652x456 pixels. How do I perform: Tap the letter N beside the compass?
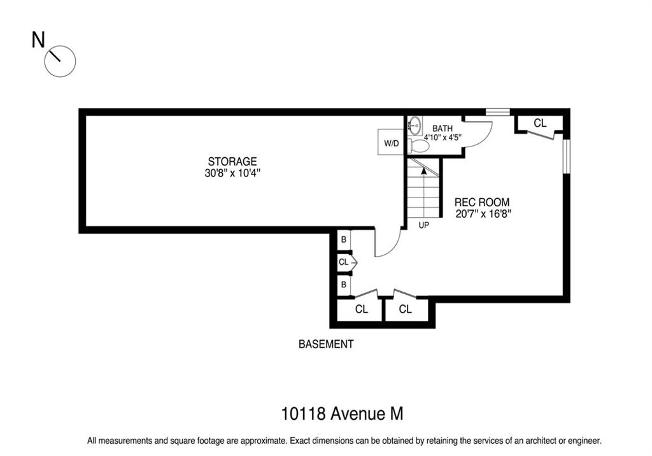click(x=38, y=40)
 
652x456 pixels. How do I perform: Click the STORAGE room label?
click(x=232, y=161)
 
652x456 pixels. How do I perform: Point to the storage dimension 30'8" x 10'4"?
click(x=232, y=173)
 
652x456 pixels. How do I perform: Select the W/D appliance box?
click(x=392, y=142)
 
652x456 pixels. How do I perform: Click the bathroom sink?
click(x=414, y=124)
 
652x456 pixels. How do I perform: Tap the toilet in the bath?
click(x=419, y=146)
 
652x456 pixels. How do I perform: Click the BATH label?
click(x=443, y=128)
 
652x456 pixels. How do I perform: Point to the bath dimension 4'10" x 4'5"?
click(x=443, y=138)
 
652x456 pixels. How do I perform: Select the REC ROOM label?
click(x=482, y=203)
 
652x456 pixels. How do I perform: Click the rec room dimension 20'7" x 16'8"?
click(x=483, y=214)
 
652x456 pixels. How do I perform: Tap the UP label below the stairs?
click(x=423, y=225)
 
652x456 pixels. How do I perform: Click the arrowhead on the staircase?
click(x=423, y=170)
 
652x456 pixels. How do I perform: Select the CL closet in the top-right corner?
click(x=539, y=123)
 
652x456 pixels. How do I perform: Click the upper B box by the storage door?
click(x=343, y=240)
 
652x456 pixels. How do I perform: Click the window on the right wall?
click(x=566, y=157)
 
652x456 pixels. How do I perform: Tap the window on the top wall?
click(x=498, y=112)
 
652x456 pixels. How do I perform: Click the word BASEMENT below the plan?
click(x=326, y=344)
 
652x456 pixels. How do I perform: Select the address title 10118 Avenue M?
click(x=342, y=414)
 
